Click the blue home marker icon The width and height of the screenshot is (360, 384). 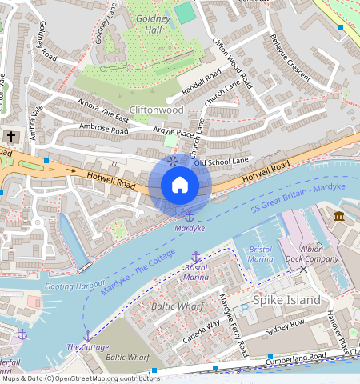[x=180, y=185]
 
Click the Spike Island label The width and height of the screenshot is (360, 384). [x=286, y=300]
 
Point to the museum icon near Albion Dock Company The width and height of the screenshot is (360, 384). [x=339, y=217]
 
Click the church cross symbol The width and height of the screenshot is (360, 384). [x=11, y=137]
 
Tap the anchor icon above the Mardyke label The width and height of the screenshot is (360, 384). [x=190, y=215]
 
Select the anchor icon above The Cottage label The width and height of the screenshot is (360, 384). [x=87, y=335]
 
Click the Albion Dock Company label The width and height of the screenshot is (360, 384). [x=308, y=254]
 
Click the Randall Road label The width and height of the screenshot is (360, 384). [x=202, y=84]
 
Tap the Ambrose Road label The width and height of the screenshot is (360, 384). [x=103, y=128]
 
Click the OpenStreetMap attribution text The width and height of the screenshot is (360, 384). [x=80, y=378]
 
